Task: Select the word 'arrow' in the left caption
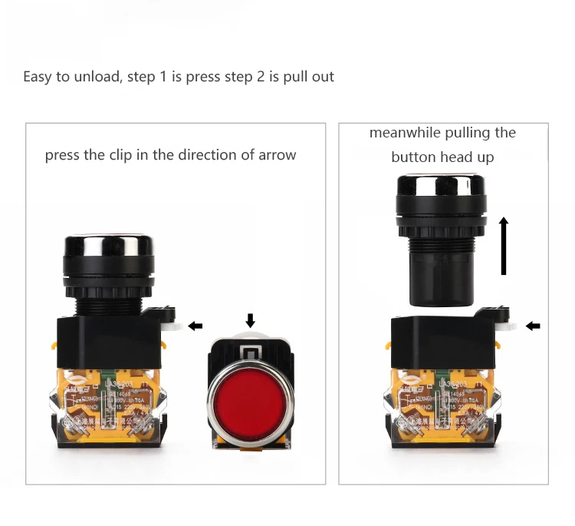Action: pos(277,155)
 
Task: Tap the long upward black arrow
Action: pos(504,246)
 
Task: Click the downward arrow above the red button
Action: pos(249,320)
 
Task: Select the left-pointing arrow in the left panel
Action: pos(195,326)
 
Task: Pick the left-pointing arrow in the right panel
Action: pos(533,326)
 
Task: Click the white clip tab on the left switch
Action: pos(174,327)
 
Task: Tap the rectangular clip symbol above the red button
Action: pos(250,352)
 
